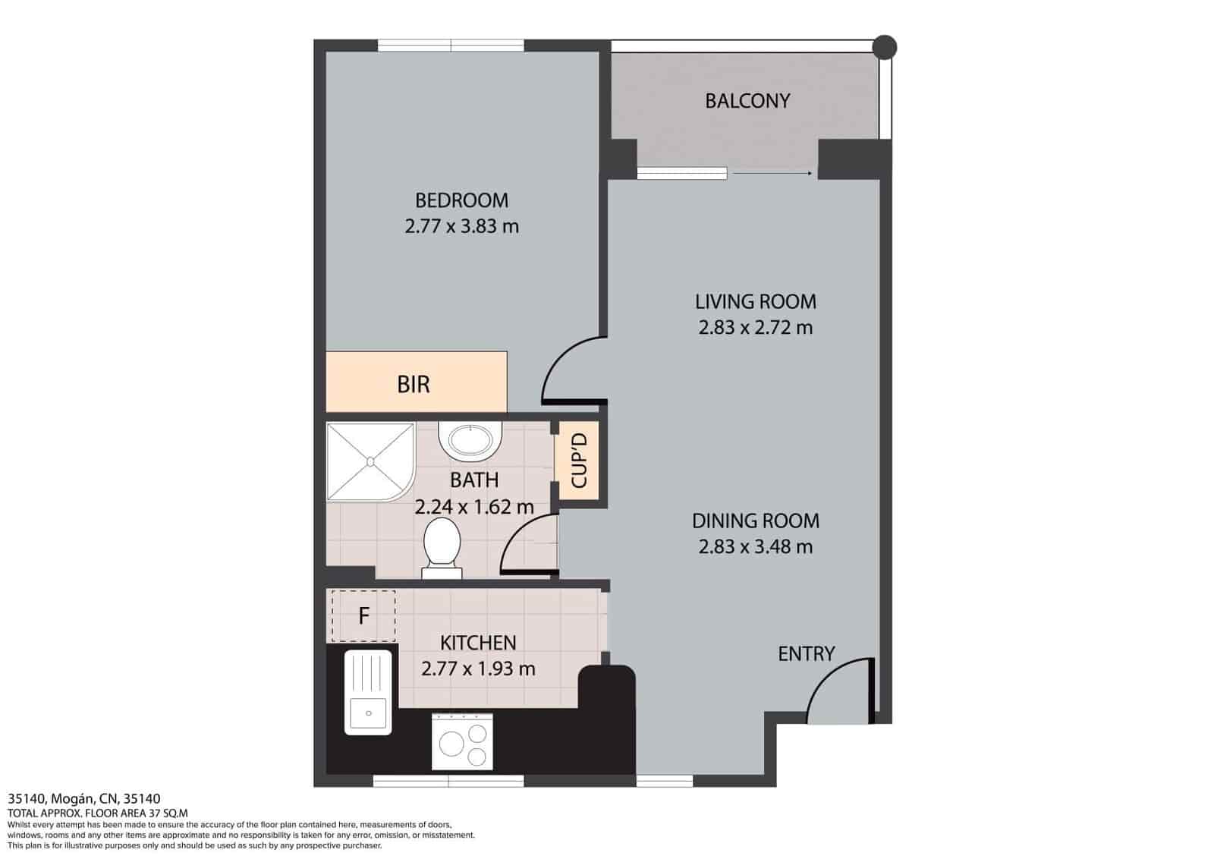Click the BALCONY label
tap(747, 101)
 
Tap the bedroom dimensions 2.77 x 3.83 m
tap(462, 226)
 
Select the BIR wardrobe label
tap(414, 384)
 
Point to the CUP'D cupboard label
tap(579, 461)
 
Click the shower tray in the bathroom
tap(371, 461)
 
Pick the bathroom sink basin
tap(470, 440)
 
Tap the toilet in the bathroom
tap(442, 548)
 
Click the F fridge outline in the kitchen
tap(363, 616)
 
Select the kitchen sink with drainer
tap(368, 693)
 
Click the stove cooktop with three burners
tap(462, 741)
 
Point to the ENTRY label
tap(806, 654)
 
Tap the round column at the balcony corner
tap(885, 48)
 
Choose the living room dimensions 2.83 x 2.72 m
tap(756, 328)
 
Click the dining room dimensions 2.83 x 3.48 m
tap(756, 547)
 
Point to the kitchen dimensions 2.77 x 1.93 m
tap(478, 669)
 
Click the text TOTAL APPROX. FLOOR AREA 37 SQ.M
tap(98, 813)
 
